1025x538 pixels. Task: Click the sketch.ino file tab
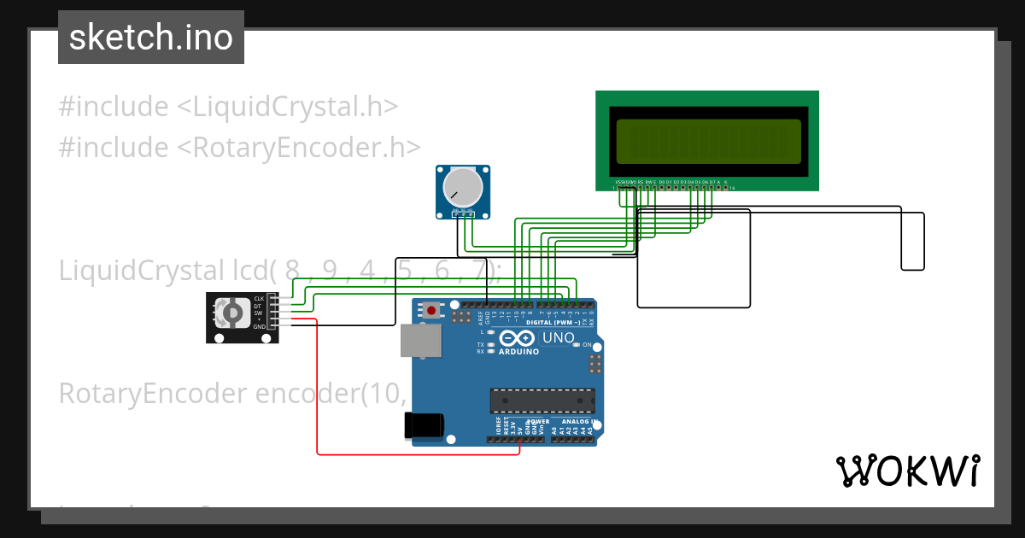[x=151, y=38]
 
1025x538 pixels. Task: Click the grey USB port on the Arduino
[x=421, y=340]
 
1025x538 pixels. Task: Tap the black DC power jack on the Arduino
[x=425, y=424]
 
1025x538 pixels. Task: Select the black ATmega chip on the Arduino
[x=542, y=401]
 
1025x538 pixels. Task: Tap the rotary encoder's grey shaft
[x=231, y=313]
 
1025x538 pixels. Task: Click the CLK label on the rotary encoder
[x=258, y=298]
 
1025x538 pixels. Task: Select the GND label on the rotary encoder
[x=258, y=327]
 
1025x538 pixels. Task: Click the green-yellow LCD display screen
[x=708, y=142]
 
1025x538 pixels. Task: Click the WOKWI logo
[x=907, y=471]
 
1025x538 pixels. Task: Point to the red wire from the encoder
[x=318, y=393]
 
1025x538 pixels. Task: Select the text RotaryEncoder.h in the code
[x=298, y=148]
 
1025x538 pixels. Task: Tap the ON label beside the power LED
[x=588, y=344]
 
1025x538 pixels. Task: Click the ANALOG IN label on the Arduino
[x=577, y=421]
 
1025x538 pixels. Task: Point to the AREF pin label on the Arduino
[x=482, y=319]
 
